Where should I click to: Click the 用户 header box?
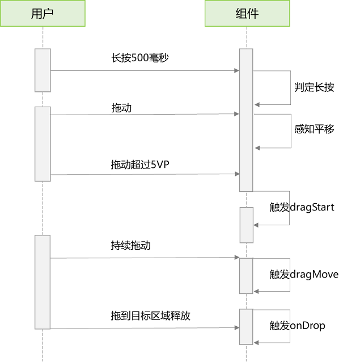tap(43, 13)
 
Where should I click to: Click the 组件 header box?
tap(247, 13)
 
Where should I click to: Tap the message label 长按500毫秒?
tap(140, 58)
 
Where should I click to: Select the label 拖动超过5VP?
tap(140, 165)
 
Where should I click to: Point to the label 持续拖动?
tap(131, 245)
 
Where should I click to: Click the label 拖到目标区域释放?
tap(151, 315)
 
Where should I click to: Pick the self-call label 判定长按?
tap(314, 87)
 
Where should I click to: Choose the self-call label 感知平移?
tap(314, 129)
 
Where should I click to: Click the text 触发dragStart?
tap(302, 207)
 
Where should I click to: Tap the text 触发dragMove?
tap(304, 274)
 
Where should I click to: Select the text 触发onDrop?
tap(298, 326)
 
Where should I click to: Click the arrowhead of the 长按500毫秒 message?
tap(236, 71)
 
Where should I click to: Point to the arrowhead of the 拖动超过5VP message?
tap(237, 174)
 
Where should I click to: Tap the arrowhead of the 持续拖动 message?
tap(237, 257)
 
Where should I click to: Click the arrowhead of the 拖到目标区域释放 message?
tap(237, 327)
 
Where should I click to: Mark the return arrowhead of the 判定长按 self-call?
tap(257, 105)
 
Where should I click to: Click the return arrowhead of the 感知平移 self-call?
tap(257, 148)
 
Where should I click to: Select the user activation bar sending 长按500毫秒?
tap(43, 70)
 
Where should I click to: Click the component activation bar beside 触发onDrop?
tap(246, 327)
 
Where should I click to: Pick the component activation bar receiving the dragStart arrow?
tap(247, 225)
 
